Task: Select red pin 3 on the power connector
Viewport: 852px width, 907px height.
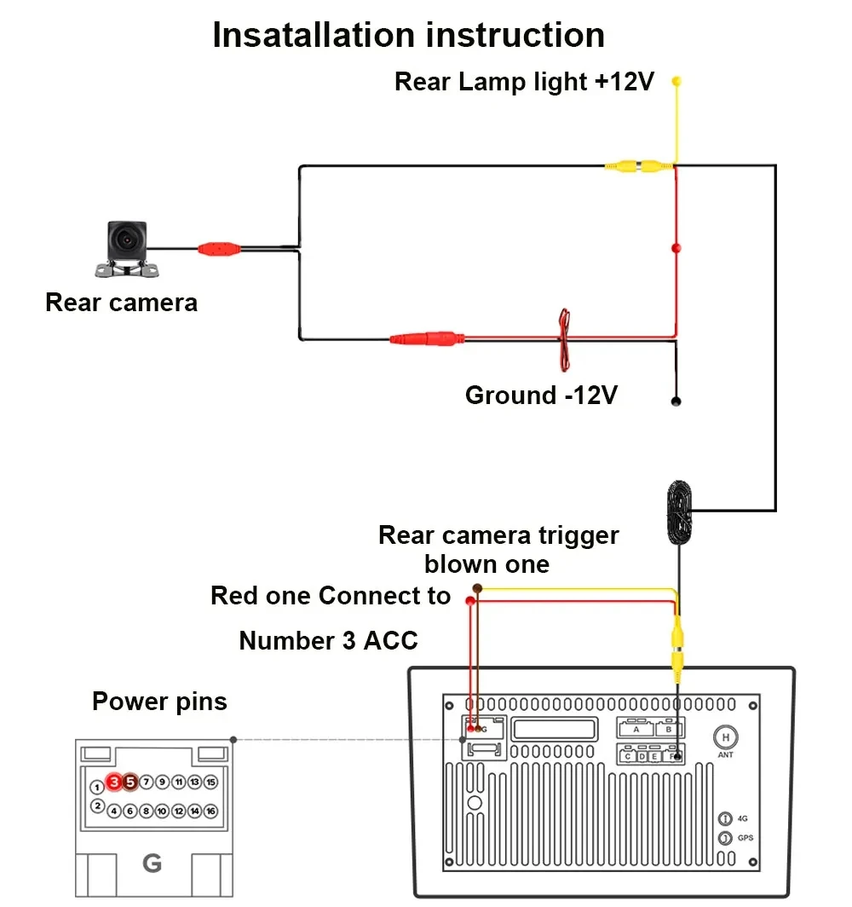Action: [x=114, y=781]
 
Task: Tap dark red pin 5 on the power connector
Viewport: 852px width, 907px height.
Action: [x=130, y=781]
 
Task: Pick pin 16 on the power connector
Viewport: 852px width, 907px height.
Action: [x=210, y=811]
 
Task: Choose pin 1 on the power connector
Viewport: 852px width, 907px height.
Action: [x=98, y=787]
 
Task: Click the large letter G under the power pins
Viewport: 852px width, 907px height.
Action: [x=152, y=864]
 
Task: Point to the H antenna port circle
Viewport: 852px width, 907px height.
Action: [x=725, y=737]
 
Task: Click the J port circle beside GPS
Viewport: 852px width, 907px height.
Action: [x=725, y=838]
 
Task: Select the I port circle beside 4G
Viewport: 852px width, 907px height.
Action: [x=725, y=817]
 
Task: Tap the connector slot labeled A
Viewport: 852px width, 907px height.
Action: [x=636, y=729]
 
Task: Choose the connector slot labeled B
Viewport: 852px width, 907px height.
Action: [x=669, y=729]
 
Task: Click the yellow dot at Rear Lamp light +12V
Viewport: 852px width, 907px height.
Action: [x=676, y=82]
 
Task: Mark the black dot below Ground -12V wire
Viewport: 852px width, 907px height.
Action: [x=676, y=401]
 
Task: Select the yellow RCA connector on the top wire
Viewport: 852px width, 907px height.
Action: [x=637, y=166]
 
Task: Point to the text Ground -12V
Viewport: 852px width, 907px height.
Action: [x=541, y=396]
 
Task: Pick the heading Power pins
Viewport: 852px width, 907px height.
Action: [x=159, y=702]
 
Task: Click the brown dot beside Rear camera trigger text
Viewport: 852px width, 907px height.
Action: [x=477, y=589]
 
